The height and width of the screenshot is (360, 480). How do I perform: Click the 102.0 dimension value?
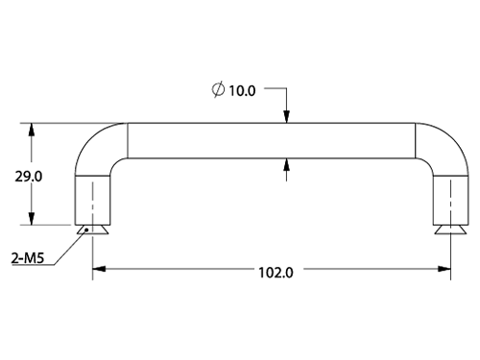[276, 273]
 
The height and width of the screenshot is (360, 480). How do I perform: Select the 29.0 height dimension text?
[28, 177]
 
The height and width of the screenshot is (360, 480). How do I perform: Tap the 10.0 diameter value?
[242, 91]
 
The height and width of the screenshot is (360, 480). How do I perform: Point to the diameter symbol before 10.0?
[218, 90]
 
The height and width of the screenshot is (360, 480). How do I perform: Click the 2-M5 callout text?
[28, 258]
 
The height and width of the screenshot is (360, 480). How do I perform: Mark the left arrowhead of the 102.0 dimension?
[99, 269]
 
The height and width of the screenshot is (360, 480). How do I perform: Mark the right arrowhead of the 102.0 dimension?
[444, 269]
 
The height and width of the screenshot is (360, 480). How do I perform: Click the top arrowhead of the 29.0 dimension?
[31, 130]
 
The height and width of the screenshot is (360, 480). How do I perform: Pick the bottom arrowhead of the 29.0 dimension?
[31, 218]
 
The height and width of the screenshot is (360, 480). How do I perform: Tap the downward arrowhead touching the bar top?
[286, 116]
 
